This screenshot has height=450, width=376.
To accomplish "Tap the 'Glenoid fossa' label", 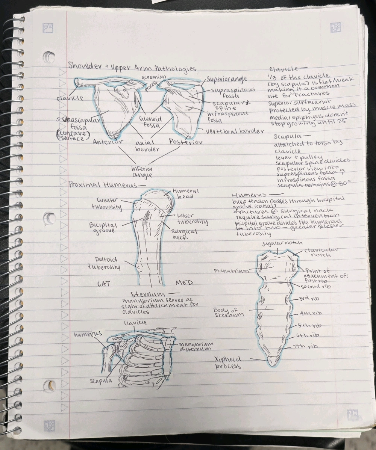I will [x=150, y=122].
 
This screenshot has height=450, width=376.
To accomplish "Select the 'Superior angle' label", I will [x=227, y=79].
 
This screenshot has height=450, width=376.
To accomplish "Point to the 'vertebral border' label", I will [x=235, y=131].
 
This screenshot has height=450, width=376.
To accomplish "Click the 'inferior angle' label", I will [x=142, y=172].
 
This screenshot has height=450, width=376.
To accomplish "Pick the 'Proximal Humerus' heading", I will [x=106, y=185].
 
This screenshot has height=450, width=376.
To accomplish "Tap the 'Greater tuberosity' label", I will [x=107, y=203].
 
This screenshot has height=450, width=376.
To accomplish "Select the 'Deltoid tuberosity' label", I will [x=104, y=263].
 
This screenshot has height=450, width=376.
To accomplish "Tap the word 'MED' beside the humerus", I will [x=184, y=282].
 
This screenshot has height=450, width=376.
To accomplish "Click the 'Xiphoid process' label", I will [x=228, y=362].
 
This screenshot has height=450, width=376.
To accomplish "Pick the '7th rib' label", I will [x=307, y=346].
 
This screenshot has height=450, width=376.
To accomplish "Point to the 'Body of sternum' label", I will [x=226, y=313].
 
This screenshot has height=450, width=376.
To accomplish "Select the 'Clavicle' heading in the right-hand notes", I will [x=284, y=69].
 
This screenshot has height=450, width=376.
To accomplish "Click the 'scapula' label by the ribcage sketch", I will [x=101, y=381].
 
